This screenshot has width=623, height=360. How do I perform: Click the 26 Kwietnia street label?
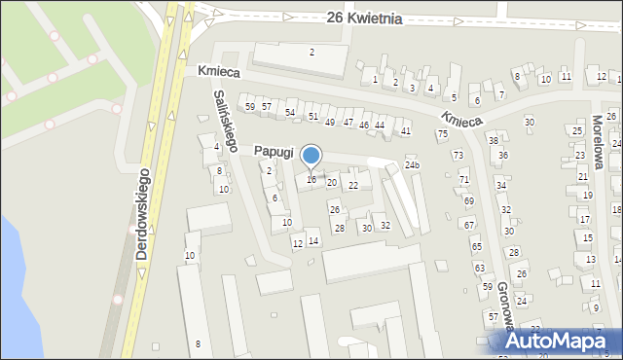pos(364,18)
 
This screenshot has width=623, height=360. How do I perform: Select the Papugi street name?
pos(275,151)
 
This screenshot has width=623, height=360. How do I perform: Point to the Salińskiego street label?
pos(226,119)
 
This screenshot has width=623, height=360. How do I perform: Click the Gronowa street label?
pos(505,310)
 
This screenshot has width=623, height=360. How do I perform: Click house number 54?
pos(290,113)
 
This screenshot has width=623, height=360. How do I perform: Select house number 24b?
pos(413,165)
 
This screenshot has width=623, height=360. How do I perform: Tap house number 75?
pos(442,133)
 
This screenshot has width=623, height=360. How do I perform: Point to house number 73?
pos(458,156)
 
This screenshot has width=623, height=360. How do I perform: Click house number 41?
pos(406,130)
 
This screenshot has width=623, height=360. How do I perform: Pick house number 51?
pos(312,116)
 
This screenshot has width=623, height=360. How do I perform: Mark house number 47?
pos(348,122)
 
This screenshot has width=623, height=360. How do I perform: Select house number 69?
pos(468,200)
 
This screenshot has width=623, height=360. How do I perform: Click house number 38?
pos(493,140)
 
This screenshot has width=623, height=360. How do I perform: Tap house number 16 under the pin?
pos(311,180)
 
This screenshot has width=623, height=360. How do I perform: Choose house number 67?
pos(469,225)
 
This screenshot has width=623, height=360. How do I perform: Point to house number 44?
pos(380,126)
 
